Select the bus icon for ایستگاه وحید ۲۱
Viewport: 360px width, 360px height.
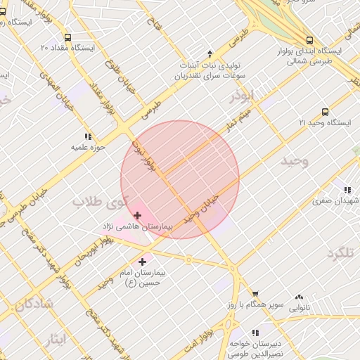[325, 112]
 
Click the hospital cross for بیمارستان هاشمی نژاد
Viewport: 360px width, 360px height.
[137, 215]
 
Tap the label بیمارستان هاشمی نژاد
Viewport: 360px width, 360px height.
[138, 226]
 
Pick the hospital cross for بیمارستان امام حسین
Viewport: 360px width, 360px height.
[142, 262]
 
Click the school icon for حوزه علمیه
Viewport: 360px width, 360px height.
[88, 136]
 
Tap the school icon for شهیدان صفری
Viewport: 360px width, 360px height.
[347, 189]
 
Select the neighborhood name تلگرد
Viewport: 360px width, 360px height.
[343, 252]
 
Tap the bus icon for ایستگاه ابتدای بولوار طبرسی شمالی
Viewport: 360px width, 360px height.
[309, 40]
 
